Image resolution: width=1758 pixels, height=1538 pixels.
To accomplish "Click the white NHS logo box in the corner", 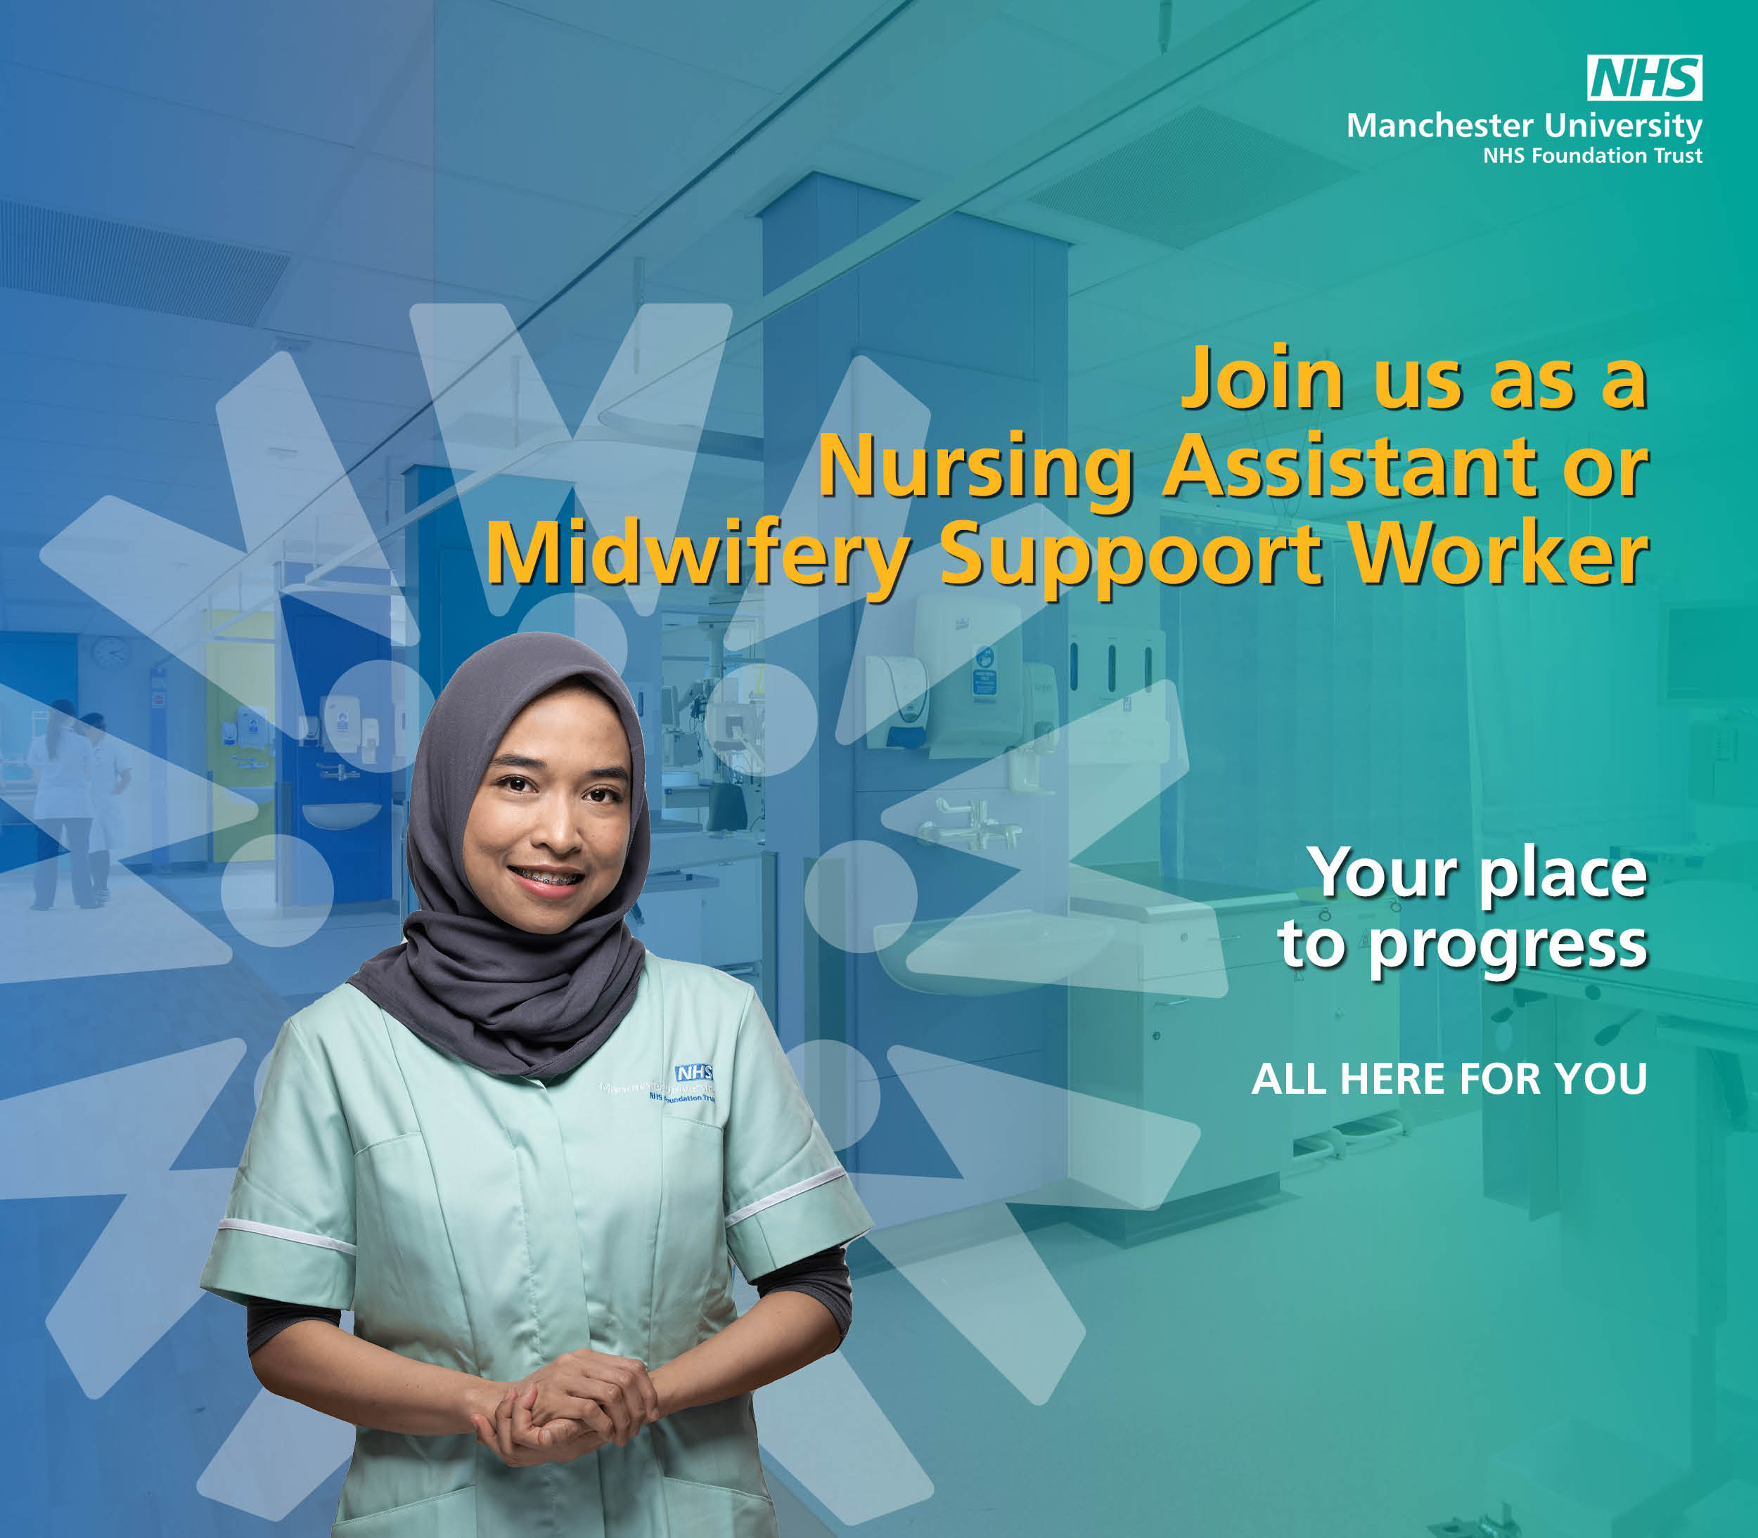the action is click(1644, 78).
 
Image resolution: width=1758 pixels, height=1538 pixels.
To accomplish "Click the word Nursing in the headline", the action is click(975, 469).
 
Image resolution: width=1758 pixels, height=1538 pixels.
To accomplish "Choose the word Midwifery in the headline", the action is click(698, 555).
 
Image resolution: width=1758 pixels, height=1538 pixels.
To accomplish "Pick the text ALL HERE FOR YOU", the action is click(1449, 1079).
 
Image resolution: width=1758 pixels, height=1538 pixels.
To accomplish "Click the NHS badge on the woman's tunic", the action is click(693, 1073).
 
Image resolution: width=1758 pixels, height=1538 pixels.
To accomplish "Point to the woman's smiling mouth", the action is click(547, 878).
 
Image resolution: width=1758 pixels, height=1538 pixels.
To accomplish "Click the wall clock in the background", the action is click(110, 652).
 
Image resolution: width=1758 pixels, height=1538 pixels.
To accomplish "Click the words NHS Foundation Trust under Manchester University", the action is click(1592, 156).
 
